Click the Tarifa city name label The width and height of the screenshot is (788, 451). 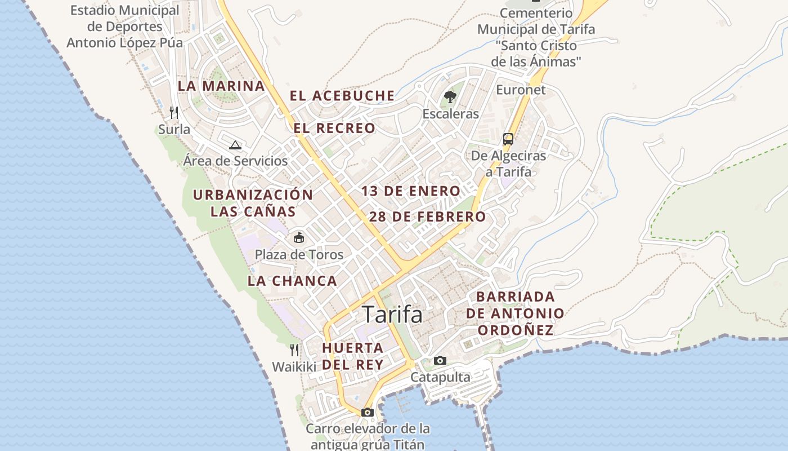click(392, 314)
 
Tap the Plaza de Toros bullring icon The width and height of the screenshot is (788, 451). click(299, 238)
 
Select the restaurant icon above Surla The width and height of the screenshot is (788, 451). click(174, 113)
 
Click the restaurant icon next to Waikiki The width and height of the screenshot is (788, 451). click(294, 350)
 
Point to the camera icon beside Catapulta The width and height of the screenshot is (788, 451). click(440, 360)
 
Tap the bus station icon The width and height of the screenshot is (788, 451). click(508, 139)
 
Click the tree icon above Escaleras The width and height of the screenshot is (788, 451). click(450, 97)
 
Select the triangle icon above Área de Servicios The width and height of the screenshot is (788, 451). click(235, 145)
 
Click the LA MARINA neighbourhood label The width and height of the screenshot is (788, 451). click(221, 86)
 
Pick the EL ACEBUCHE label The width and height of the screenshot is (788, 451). click(342, 96)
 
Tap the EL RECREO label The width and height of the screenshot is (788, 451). click(334, 128)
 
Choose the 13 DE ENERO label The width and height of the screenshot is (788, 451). click(411, 191)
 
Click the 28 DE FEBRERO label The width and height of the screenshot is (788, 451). click(428, 216)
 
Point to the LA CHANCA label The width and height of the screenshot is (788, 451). click(292, 280)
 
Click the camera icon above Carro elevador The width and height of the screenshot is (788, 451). click(368, 412)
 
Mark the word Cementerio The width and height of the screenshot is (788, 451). click(536, 13)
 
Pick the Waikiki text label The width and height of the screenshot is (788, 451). click(294, 367)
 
